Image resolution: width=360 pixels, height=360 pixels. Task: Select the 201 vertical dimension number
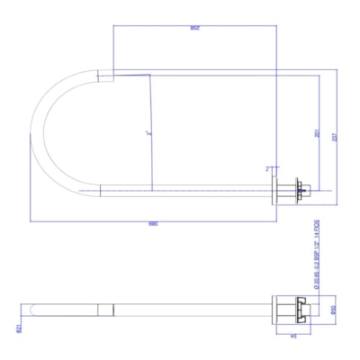coord(317,132)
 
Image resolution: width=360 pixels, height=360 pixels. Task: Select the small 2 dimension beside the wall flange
coord(268,167)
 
